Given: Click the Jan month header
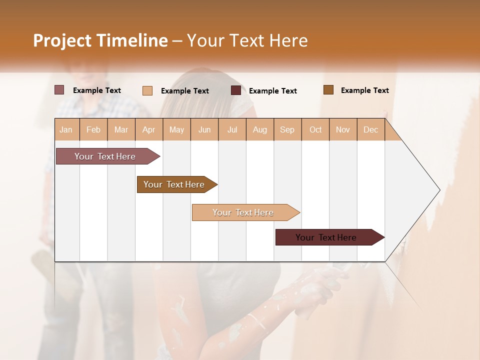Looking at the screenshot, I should (66, 129).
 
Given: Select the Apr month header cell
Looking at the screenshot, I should (149, 129).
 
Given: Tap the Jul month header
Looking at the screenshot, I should (232, 129).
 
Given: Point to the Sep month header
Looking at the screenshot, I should (287, 129).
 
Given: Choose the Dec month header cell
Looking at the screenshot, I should (370, 129).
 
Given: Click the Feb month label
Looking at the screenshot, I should (93, 129).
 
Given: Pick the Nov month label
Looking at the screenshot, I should (343, 129).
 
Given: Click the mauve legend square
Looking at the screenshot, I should (59, 90).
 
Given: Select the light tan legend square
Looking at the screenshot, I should (147, 90).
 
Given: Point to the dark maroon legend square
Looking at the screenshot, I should (236, 90).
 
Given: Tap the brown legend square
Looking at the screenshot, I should (328, 90).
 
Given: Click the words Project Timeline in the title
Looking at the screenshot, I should (100, 40).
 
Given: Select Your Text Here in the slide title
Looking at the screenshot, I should (247, 40).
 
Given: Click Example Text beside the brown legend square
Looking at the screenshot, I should (364, 90).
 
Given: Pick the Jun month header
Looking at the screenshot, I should (204, 129).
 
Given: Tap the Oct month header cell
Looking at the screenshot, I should (315, 129).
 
